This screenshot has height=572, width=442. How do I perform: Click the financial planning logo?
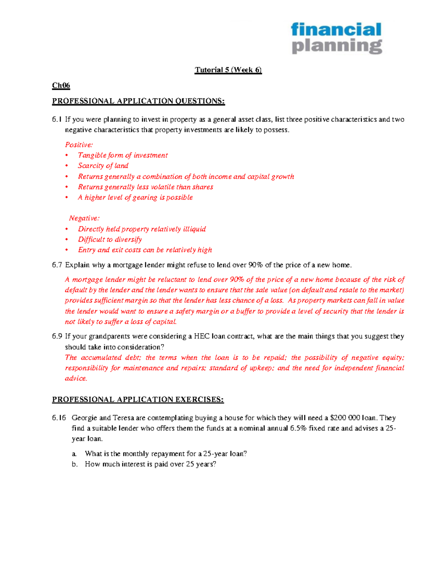(x=337, y=38)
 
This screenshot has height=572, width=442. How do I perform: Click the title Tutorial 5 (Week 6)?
(x=228, y=70)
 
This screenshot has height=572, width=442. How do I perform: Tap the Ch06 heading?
(x=61, y=85)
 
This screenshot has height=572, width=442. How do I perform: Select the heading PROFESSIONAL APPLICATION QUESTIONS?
(x=138, y=101)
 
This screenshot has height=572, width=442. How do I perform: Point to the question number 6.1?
(x=57, y=119)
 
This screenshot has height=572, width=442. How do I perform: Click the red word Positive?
(x=79, y=145)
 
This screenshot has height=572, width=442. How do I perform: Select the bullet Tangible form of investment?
(x=123, y=155)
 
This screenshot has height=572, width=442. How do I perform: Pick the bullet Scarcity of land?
(x=103, y=166)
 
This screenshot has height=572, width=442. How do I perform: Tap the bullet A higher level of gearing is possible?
(x=135, y=197)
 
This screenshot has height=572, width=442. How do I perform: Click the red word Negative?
(x=84, y=218)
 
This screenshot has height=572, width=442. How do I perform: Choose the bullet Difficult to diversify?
(x=110, y=239)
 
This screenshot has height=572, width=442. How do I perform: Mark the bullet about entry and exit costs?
(x=145, y=250)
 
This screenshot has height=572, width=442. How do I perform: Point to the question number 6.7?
(x=57, y=265)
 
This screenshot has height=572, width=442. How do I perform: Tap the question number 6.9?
(x=57, y=336)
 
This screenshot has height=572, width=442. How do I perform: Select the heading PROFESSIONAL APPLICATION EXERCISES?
(x=138, y=400)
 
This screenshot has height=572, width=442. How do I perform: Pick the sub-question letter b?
(x=75, y=464)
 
